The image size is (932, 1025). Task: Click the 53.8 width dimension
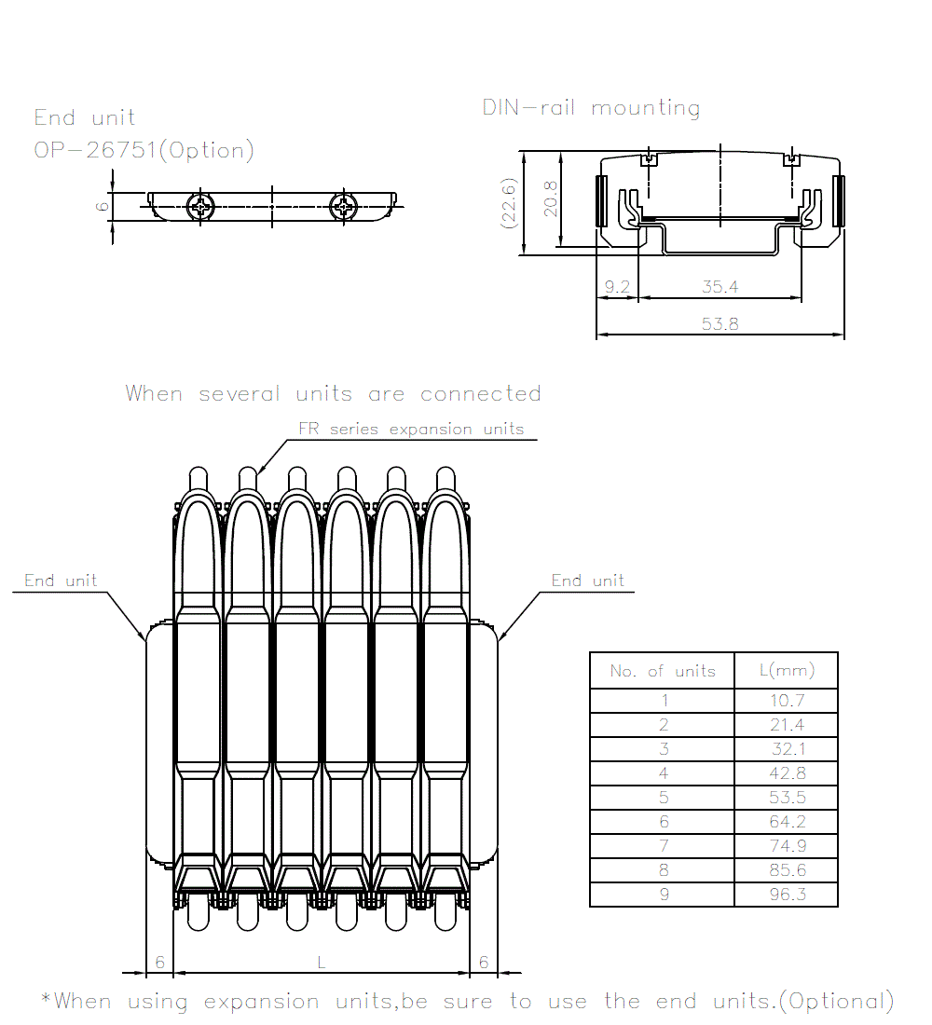[720, 323]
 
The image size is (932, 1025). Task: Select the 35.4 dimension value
[720, 288]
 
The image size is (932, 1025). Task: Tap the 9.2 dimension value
[617, 288]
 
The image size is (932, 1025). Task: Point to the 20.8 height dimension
[551, 198]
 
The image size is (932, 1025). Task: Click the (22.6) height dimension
[509, 202]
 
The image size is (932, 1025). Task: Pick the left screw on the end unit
[200, 207]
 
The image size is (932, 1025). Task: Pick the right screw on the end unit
[344, 207]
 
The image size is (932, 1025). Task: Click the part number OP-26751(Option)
[144, 150]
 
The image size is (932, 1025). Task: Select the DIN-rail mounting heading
[591, 108]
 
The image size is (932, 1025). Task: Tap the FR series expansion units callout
[411, 430]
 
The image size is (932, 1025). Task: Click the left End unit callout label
[61, 581]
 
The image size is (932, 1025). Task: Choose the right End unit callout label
[587, 581]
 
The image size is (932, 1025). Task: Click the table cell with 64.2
[787, 822]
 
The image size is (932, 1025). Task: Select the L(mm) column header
[787, 670]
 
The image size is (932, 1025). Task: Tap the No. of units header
[663, 671]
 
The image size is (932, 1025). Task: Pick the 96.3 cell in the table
[787, 895]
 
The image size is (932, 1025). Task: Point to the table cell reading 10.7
[787, 701]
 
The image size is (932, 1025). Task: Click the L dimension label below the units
[322, 963]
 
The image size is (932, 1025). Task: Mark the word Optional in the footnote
[836, 1002]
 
